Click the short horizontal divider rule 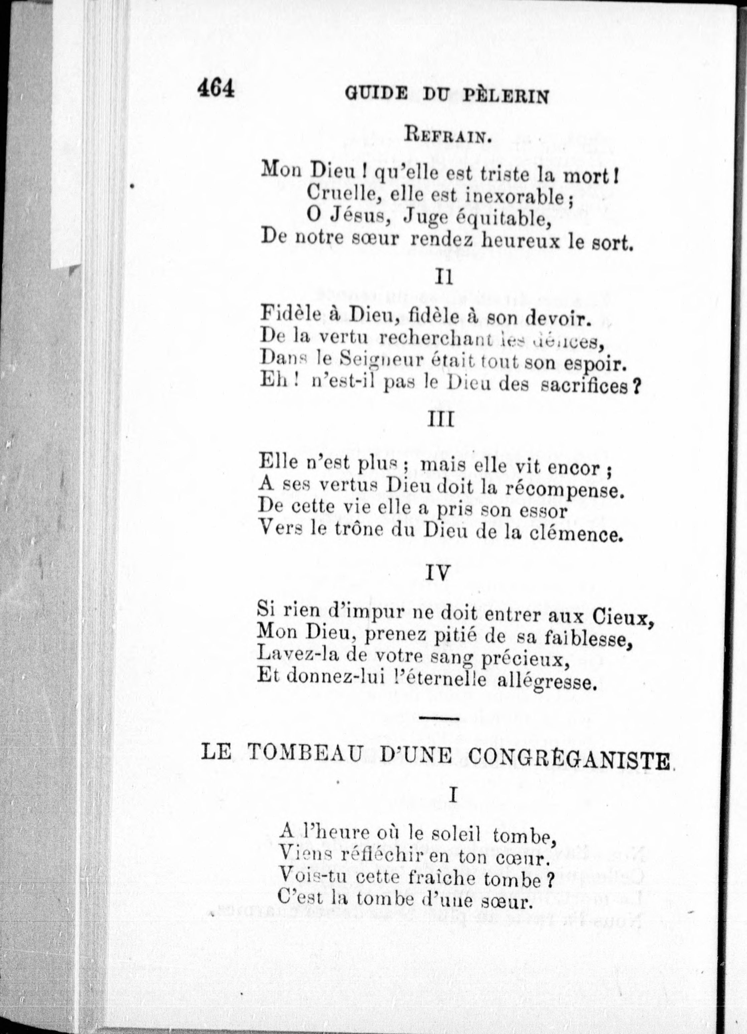(438, 719)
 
